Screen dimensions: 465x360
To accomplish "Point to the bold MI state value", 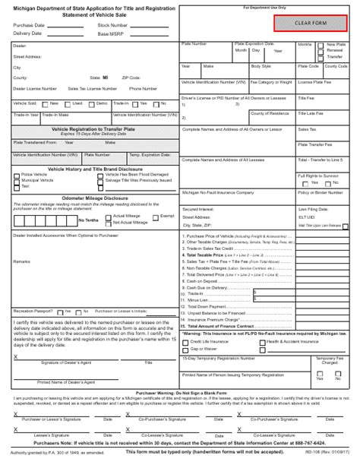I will point(104,77).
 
